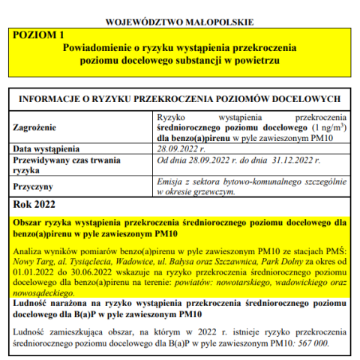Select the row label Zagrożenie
[x=37, y=128]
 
